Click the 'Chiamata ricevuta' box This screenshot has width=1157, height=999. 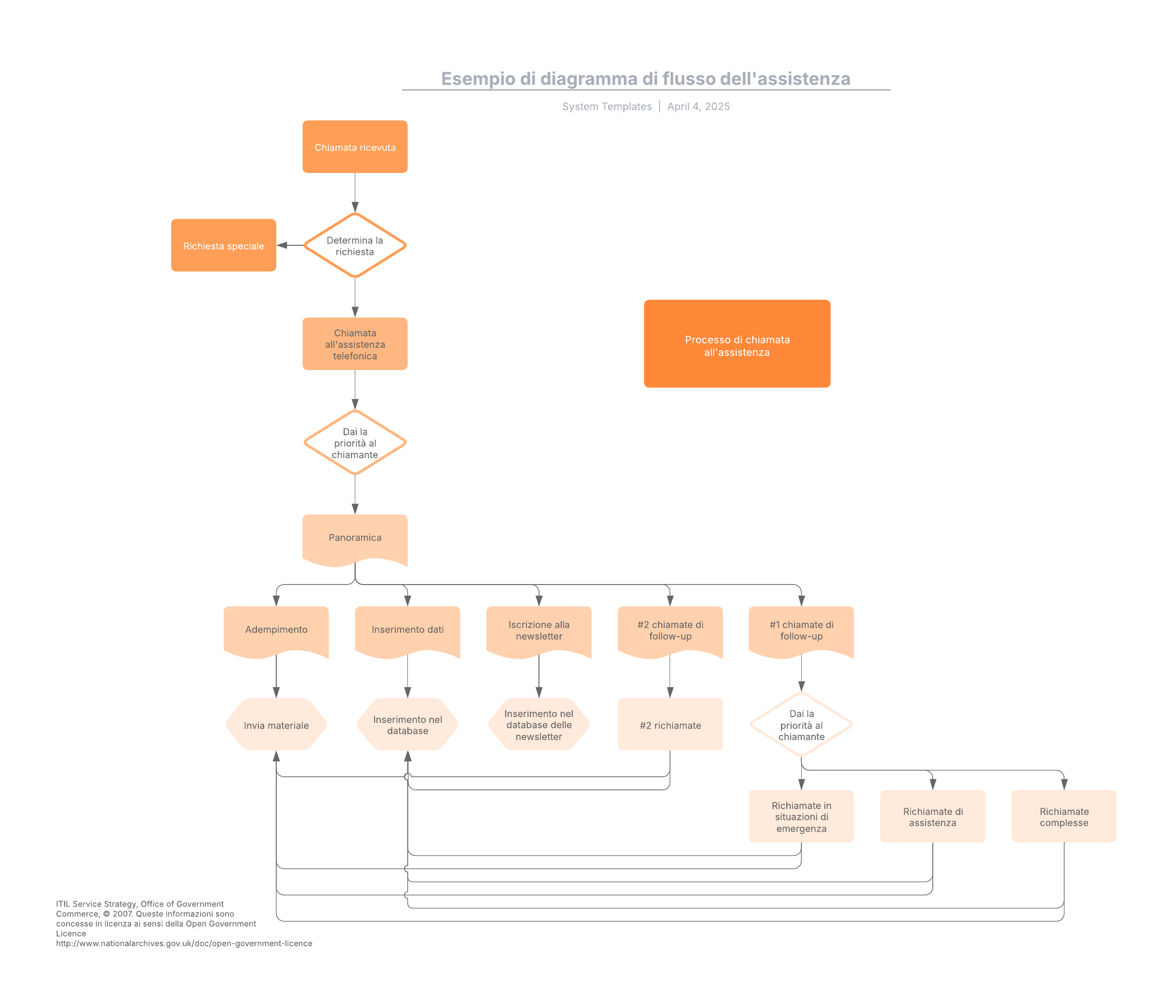(355, 147)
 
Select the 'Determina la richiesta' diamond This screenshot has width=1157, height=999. (355, 246)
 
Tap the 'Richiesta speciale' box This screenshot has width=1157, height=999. (223, 246)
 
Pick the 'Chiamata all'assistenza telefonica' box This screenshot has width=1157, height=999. (355, 344)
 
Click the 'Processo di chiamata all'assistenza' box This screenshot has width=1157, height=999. (737, 344)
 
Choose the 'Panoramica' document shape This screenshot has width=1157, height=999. (355, 537)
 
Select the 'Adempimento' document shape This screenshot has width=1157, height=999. (276, 629)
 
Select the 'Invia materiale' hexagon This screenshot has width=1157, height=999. (276, 725)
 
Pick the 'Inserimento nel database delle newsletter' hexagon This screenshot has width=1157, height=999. (538, 725)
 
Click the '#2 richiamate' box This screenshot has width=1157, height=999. (670, 725)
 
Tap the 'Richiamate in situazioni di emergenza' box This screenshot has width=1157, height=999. (801, 816)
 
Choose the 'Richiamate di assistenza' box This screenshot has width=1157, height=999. (932, 816)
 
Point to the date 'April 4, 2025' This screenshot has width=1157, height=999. (698, 107)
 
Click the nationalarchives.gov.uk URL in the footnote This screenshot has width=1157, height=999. (184, 943)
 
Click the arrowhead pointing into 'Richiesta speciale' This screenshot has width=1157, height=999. (282, 246)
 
